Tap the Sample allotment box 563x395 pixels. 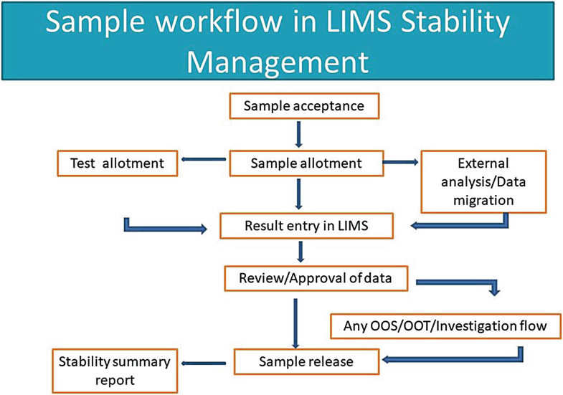click(x=306, y=163)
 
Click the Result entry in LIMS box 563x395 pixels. click(x=306, y=227)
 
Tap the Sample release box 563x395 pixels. click(x=306, y=361)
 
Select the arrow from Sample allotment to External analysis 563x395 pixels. click(x=402, y=163)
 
